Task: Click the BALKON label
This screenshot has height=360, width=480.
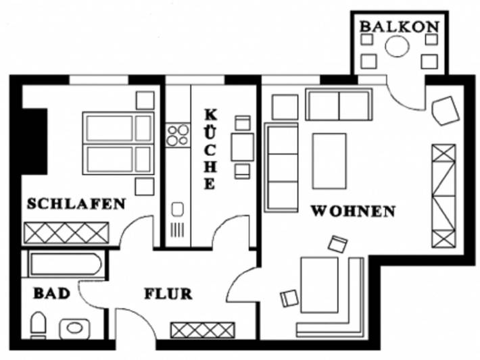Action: point(399,26)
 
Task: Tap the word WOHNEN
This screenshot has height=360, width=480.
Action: point(352,211)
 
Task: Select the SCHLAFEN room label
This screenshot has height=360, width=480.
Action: point(76,203)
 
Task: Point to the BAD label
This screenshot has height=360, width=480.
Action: point(51,294)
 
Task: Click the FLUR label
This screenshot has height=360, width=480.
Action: point(168,294)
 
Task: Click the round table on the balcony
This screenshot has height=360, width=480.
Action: point(397,47)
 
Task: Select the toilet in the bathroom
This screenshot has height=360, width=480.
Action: point(39,325)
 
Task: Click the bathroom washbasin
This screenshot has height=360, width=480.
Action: point(74,328)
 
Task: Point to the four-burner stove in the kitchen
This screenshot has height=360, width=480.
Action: point(178,135)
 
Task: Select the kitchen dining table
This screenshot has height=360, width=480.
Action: point(242,147)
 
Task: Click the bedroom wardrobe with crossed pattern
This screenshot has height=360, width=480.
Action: point(66,233)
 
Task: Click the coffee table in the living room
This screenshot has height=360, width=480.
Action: point(329,160)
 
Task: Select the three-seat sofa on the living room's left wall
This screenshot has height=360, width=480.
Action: point(281,167)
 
